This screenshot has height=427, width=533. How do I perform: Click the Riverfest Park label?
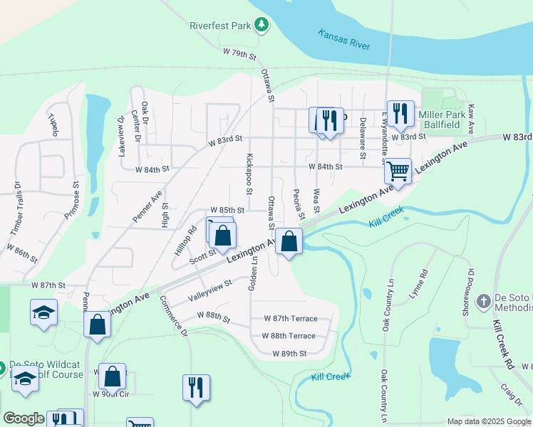pyautogui.click(x=220, y=26)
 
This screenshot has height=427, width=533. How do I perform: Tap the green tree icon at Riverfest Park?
pyautogui.click(x=262, y=26)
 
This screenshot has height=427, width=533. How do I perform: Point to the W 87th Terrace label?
pyautogui.click(x=291, y=319)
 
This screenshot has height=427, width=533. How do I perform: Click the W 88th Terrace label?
pyautogui.click(x=289, y=336)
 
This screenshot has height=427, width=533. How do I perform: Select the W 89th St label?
pyautogui.click(x=289, y=353)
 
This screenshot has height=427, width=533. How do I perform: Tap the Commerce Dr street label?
pyautogui.click(x=174, y=315)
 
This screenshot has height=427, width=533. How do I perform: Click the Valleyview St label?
pyautogui.click(x=209, y=289)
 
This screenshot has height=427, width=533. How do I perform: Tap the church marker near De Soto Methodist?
pyautogui.click(x=483, y=300)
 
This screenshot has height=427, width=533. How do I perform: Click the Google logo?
pyautogui.click(x=24, y=418)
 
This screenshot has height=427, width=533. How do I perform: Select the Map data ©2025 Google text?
pyautogui.click(x=488, y=421)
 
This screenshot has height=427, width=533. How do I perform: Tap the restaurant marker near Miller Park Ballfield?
pyautogui.click(x=400, y=113)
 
